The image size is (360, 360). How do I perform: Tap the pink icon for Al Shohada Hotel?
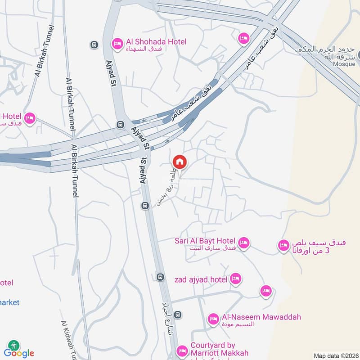(117, 42)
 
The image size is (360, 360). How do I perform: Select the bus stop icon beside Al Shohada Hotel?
(94, 45)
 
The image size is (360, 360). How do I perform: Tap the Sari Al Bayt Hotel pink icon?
(243, 243)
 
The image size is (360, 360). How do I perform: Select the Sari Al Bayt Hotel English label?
(205, 241)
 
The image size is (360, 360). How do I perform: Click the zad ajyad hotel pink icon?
(235, 279)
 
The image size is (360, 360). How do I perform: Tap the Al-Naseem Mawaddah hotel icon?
(213, 319)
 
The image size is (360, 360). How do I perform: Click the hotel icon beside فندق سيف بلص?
(283, 245)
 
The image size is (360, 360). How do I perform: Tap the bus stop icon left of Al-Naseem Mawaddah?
(179, 315)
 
